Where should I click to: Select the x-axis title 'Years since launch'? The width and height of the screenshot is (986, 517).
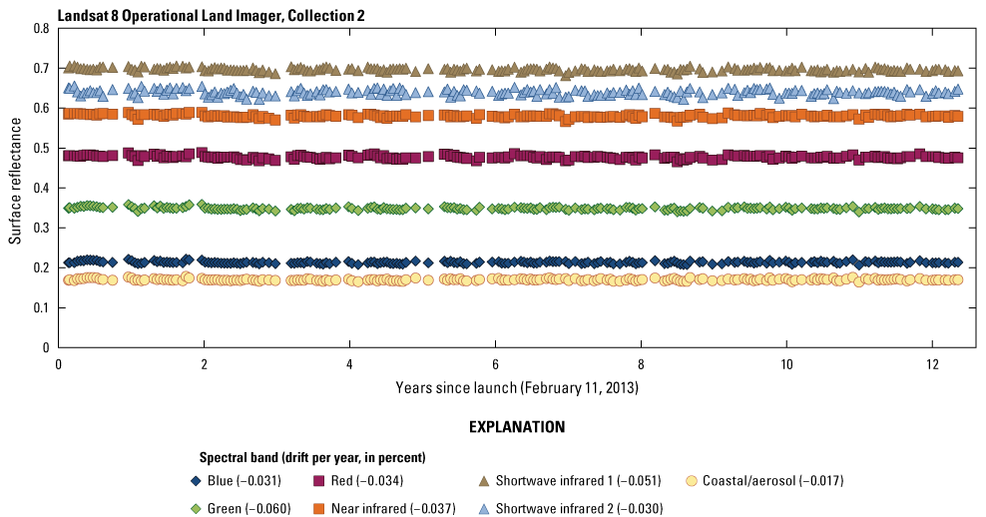[516, 386]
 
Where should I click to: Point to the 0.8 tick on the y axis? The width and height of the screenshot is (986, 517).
[41, 28]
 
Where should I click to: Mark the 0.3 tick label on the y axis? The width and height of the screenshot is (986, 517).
[41, 228]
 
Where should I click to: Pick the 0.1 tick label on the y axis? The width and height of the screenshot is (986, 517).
[41, 307]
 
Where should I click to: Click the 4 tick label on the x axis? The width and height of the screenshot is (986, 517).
[349, 363]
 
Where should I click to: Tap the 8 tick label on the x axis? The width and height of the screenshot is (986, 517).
[640, 363]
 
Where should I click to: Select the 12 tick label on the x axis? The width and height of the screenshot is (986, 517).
[930, 363]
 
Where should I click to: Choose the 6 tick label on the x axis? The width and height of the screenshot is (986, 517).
[495, 363]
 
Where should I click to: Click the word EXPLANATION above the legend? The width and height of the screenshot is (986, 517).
[516, 427]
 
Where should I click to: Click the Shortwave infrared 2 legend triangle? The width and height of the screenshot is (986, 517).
[483, 508]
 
